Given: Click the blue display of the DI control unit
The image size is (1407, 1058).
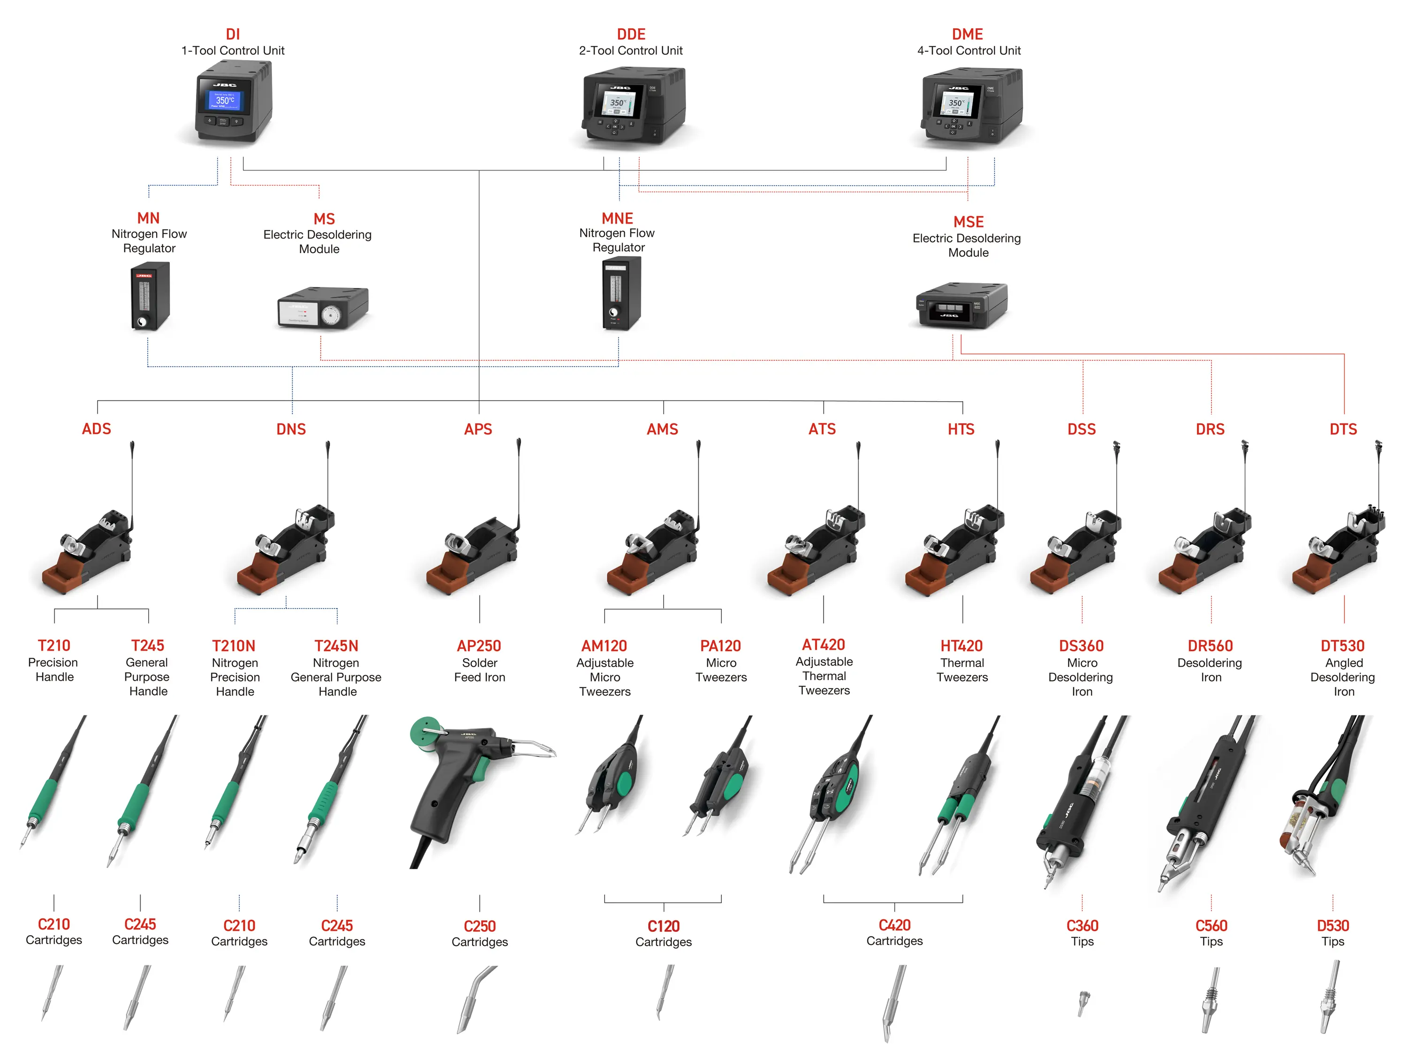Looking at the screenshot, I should pyautogui.click(x=225, y=100).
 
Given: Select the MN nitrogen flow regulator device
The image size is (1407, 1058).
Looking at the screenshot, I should pyautogui.click(x=150, y=296).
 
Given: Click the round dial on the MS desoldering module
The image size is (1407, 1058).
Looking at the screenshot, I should pyautogui.click(x=330, y=315).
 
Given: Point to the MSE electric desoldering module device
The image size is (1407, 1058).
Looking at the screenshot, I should pyautogui.click(x=961, y=305).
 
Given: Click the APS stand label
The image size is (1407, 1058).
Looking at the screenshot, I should pyautogui.click(x=478, y=429).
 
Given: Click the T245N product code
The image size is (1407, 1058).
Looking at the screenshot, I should pyautogui.click(x=336, y=646).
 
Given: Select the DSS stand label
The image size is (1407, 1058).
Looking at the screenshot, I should pyautogui.click(x=1082, y=429).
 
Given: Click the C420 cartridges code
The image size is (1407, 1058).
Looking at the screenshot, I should pyautogui.click(x=894, y=925).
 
